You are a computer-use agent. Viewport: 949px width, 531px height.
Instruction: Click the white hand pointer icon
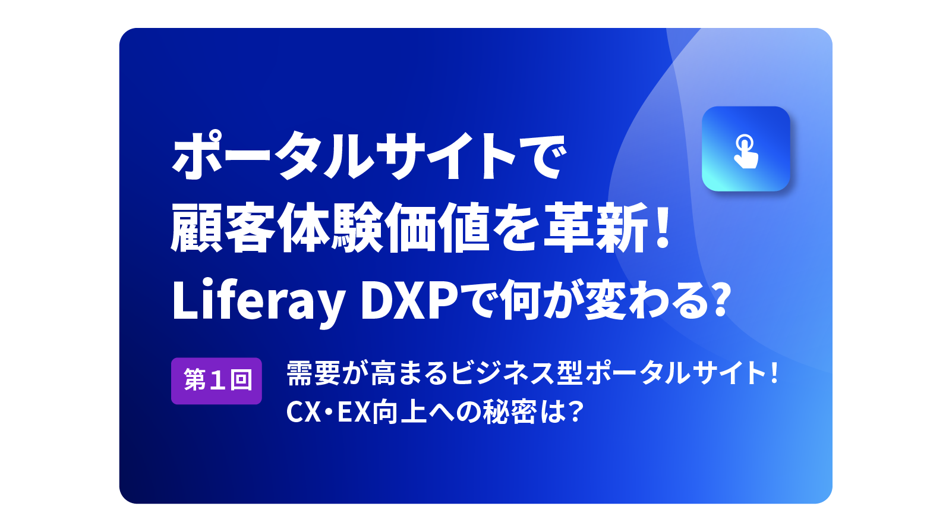(746, 151)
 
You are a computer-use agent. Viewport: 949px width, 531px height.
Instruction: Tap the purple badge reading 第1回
(216, 381)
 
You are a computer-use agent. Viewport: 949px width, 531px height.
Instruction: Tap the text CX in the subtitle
(303, 412)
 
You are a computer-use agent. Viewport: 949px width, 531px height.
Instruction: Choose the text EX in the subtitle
(354, 412)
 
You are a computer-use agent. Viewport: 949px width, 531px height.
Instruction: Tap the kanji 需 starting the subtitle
(300, 373)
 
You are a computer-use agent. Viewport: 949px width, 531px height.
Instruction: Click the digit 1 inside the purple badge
(216, 380)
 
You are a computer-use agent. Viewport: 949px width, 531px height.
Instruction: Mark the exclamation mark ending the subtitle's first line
(774, 372)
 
